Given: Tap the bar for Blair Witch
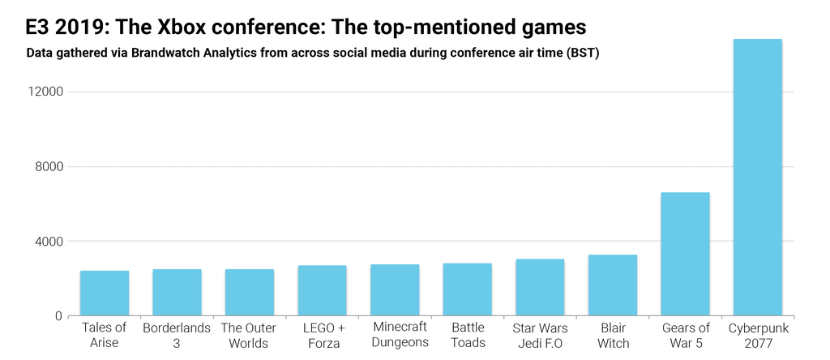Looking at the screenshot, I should pyautogui.click(x=613, y=285).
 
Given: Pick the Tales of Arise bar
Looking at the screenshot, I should pyautogui.click(x=105, y=294).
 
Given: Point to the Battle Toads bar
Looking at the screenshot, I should pyautogui.click(x=468, y=289).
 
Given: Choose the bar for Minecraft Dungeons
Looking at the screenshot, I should pyautogui.click(x=395, y=290).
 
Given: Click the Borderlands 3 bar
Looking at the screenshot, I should pyautogui.click(x=177, y=293).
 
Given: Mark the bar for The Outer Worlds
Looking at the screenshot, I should pyautogui.click(x=250, y=293).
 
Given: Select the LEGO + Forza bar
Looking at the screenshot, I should pyautogui.click(x=322, y=290).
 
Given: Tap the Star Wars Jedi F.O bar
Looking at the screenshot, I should pyautogui.click(x=540, y=288).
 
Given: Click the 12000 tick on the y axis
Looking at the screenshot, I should pyautogui.click(x=45, y=92).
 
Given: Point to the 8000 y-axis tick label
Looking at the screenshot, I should pyautogui.click(x=48, y=167).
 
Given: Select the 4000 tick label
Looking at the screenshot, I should pyautogui.click(x=48, y=242).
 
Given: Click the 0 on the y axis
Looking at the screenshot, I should pyautogui.click(x=58, y=316).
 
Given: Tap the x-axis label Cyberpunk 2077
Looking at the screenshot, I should pyautogui.click(x=758, y=336).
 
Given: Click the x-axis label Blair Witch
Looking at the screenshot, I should pyautogui.click(x=613, y=336).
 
